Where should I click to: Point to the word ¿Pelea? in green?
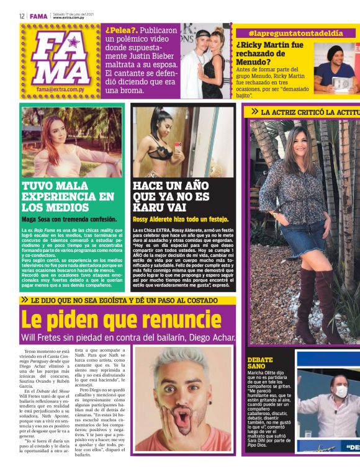[120, 30]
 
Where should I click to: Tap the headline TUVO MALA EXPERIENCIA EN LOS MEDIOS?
[68, 197]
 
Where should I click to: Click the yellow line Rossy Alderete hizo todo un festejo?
[181, 219]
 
